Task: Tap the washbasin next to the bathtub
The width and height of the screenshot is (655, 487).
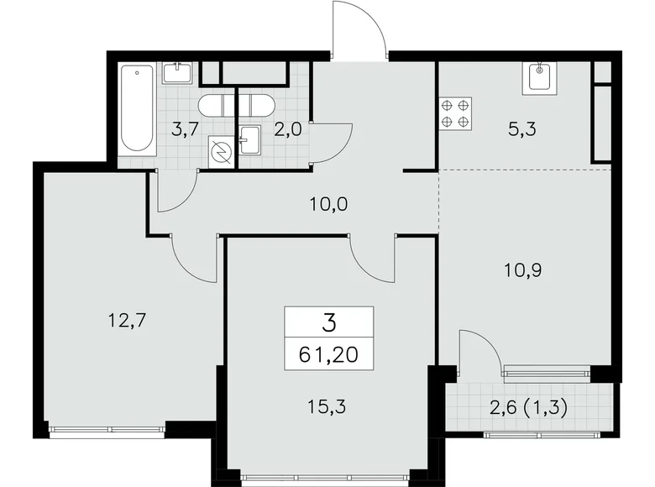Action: (x=177, y=73)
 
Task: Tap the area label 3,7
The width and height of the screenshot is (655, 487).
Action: (x=185, y=130)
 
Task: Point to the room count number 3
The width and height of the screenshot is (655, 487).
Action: (x=327, y=321)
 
